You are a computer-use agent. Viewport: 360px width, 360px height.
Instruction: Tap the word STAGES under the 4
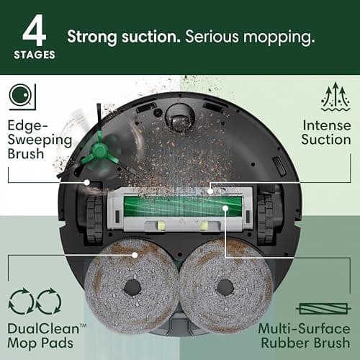click(x=35, y=53)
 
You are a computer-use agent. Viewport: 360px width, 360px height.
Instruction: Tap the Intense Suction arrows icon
click(x=336, y=96)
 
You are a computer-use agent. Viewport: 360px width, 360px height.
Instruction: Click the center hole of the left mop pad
click(x=132, y=285)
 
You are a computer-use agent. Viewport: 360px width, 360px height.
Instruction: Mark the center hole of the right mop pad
click(x=225, y=286)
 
